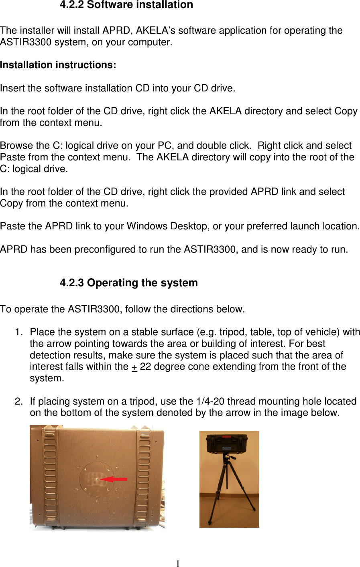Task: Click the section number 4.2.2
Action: click(x=72, y=5)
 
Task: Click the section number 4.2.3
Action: click(x=72, y=283)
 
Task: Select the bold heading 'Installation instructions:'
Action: click(x=58, y=65)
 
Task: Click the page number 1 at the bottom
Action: click(x=178, y=563)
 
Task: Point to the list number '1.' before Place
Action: click(x=19, y=332)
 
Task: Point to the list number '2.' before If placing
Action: click(x=19, y=401)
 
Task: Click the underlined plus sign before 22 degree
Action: click(x=134, y=367)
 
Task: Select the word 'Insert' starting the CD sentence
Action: click(x=12, y=88)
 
